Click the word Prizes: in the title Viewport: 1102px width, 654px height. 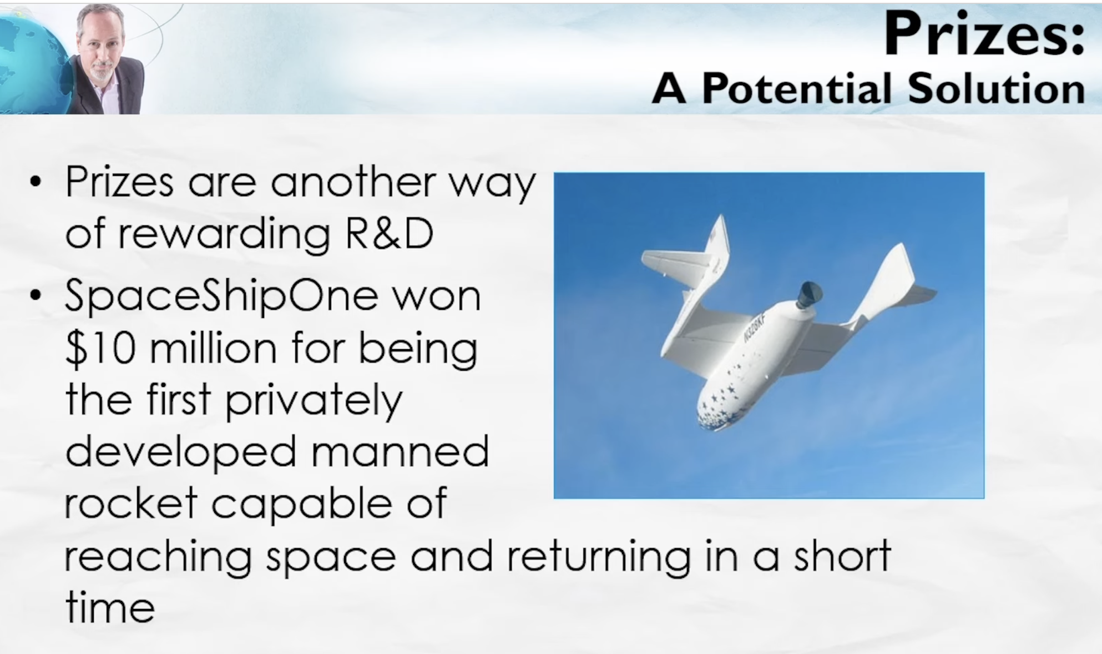click(984, 34)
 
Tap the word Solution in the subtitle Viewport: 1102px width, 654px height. click(997, 88)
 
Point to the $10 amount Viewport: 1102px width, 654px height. click(100, 349)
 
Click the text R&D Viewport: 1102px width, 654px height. click(389, 233)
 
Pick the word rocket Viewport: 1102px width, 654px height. click(131, 503)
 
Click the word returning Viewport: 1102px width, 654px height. click(599, 557)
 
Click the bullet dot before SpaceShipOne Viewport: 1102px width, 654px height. click(36, 295)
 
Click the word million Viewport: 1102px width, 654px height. click(213, 349)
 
